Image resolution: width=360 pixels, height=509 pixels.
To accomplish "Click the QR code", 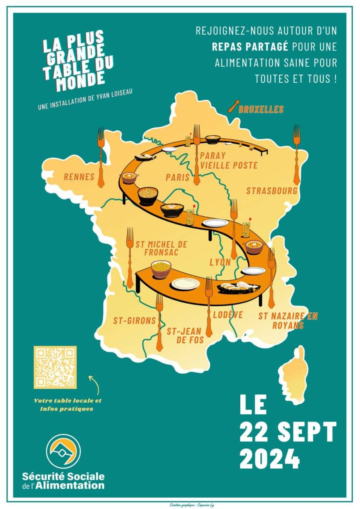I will click(55, 367).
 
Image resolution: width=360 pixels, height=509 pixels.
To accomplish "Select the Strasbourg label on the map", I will click(272, 191).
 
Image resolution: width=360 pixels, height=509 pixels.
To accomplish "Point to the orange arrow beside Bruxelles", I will click(233, 106).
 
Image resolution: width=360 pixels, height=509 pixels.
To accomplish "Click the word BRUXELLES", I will click(261, 109).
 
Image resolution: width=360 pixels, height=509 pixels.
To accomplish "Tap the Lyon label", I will click(220, 262).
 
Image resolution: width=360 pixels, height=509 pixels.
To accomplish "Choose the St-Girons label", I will click(135, 320).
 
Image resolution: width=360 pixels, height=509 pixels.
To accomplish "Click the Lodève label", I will click(228, 314).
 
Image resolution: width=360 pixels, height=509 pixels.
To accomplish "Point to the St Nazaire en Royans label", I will click(287, 320).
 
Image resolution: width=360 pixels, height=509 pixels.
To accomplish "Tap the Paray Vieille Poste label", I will click(228, 160).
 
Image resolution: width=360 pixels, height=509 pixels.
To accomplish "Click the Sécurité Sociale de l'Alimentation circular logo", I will click(64, 451).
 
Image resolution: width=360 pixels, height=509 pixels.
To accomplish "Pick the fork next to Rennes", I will click(101, 157).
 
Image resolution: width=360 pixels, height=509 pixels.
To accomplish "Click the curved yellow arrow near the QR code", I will click(94, 384).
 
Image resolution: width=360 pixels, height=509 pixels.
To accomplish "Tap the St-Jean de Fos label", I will click(185, 335).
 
